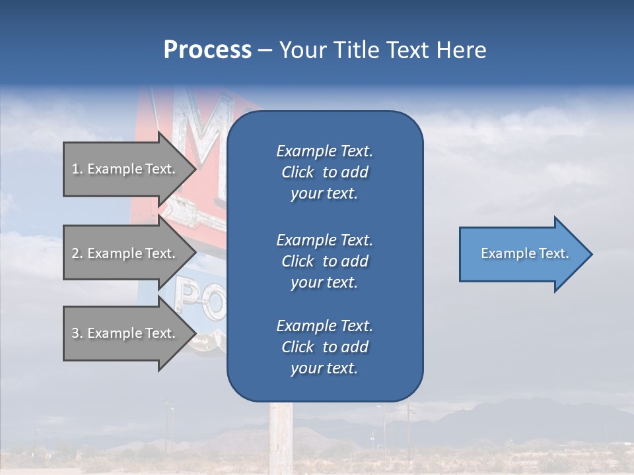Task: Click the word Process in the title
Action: click(x=207, y=50)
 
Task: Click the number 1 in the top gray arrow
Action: click(x=75, y=169)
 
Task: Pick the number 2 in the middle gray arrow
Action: click(x=75, y=253)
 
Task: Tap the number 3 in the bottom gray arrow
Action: click(x=75, y=333)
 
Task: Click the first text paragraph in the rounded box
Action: click(x=324, y=172)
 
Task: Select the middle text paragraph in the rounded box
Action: click(x=324, y=261)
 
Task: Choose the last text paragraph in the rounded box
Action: click(x=324, y=347)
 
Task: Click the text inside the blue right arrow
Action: click(x=525, y=253)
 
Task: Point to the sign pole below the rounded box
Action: click(x=280, y=435)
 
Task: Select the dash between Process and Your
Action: click(x=265, y=51)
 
